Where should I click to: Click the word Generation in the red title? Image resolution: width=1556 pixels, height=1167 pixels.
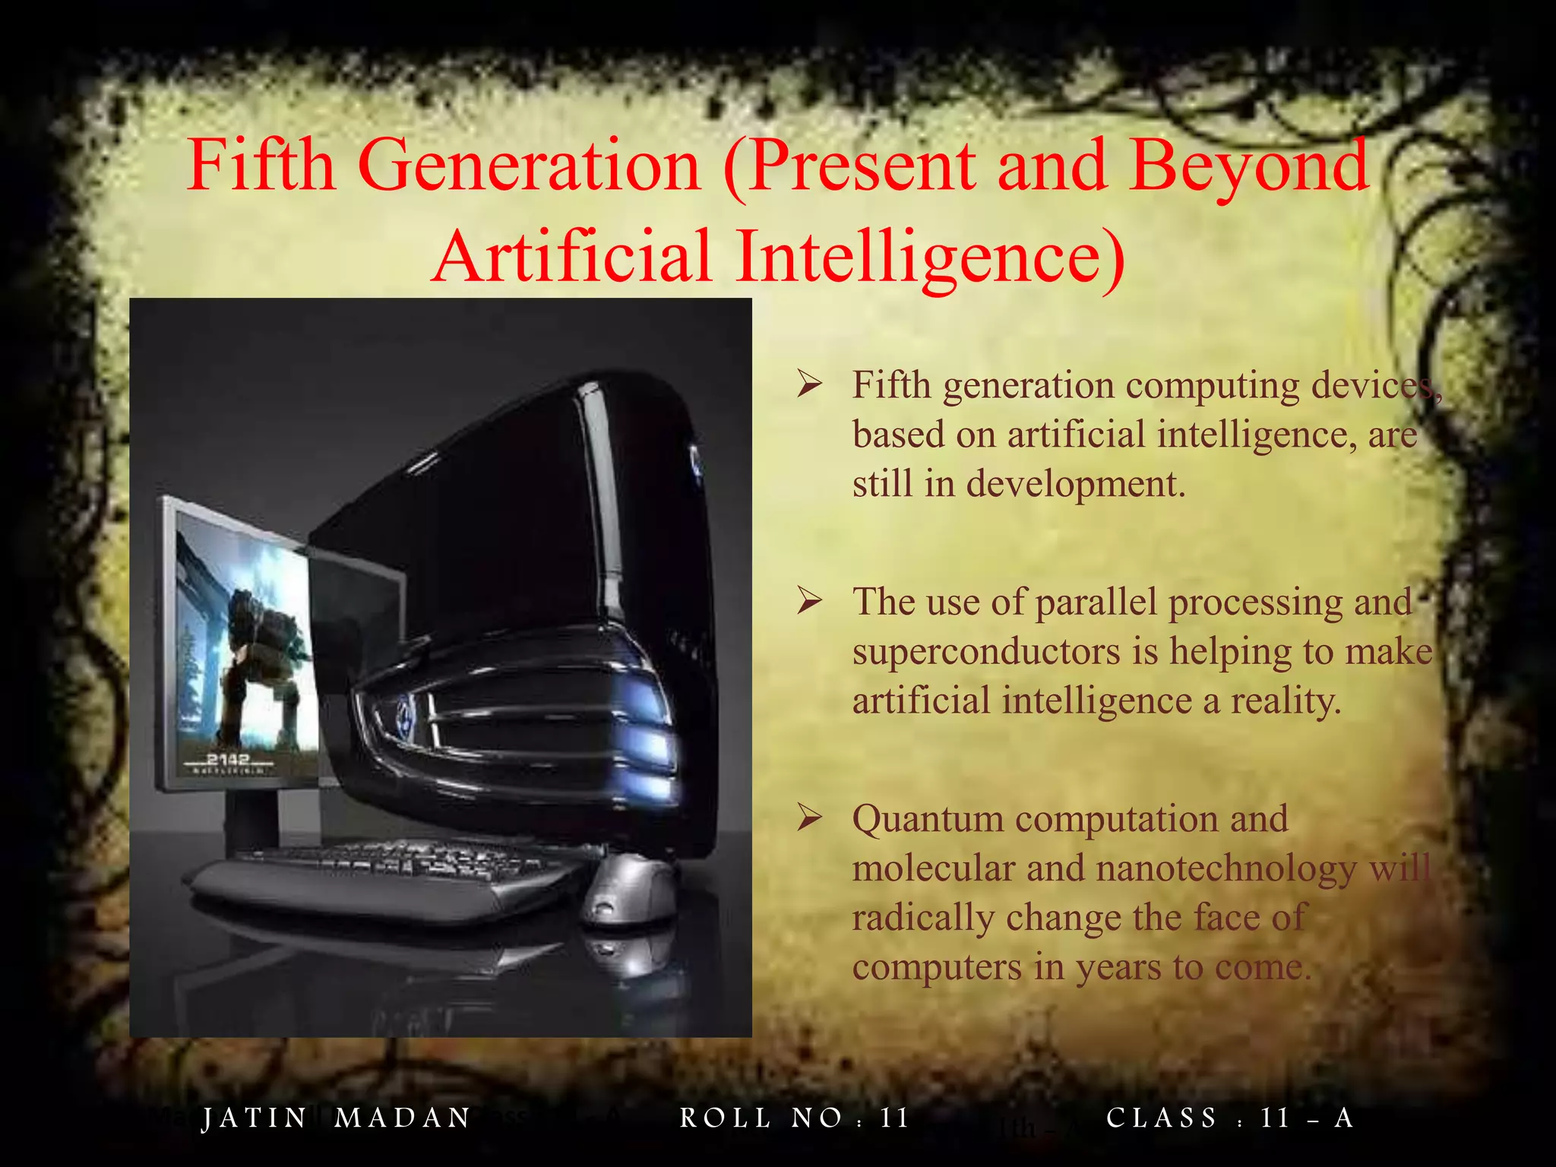click(529, 166)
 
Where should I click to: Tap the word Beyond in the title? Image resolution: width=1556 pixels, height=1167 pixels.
click(1248, 166)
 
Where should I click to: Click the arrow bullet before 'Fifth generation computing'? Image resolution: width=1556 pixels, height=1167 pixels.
click(810, 385)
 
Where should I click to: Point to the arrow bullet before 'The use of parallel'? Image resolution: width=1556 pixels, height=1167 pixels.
click(810, 602)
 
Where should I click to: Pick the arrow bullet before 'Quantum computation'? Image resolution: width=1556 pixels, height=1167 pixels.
click(810, 819)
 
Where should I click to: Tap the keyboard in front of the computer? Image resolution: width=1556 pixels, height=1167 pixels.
click(387, 874)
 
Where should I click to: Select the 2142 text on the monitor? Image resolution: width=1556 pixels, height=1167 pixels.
click(228, 759)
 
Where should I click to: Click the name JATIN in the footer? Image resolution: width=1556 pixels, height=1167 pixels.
click(254, 1118)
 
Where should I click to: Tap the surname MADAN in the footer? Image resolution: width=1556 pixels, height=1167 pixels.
click(403, 1118)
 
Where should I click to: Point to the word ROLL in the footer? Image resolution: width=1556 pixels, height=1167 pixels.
click(725, 1118)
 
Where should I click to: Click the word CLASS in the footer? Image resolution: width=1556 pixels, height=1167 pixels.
click(1162, 1118)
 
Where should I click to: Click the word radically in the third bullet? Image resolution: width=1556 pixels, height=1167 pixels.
click(922, 918)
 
